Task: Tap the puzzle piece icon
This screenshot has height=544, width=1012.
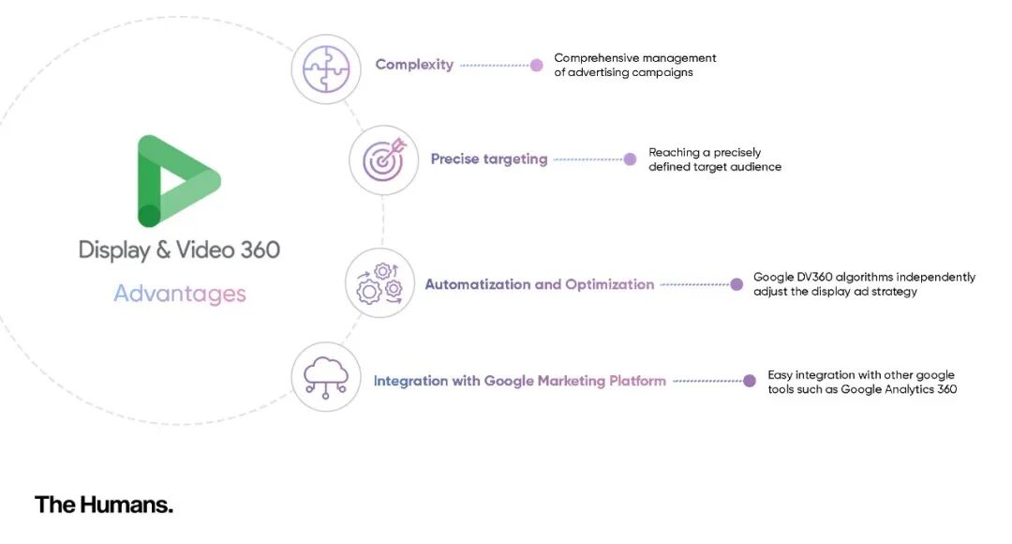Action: tap(326, 68)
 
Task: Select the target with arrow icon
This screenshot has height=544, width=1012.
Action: tap(384, 159)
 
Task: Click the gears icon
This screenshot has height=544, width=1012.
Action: tap(379, 283)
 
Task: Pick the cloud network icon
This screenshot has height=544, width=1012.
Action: tap(326, 377)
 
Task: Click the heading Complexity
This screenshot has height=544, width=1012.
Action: tap(414, 65)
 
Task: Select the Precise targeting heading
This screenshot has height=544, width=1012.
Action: tap(489, 159)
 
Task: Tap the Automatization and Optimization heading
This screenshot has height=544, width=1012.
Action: tap(540, 284)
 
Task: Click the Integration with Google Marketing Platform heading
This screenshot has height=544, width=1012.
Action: tap(519, 381)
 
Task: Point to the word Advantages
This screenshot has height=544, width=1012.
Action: tap(180, 294)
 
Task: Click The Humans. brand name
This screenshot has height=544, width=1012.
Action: tap(104, 505)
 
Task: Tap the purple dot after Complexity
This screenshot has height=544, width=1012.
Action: tap(536, 66)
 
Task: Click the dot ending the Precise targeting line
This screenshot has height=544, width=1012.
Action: tap(630, 159)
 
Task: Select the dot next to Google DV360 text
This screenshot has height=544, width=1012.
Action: tap(737, 284)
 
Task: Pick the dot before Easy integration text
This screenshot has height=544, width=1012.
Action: tap(750, 381)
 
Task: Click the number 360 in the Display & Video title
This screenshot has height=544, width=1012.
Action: tap(260, 250)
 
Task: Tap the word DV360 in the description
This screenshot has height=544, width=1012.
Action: tap(814, 278)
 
